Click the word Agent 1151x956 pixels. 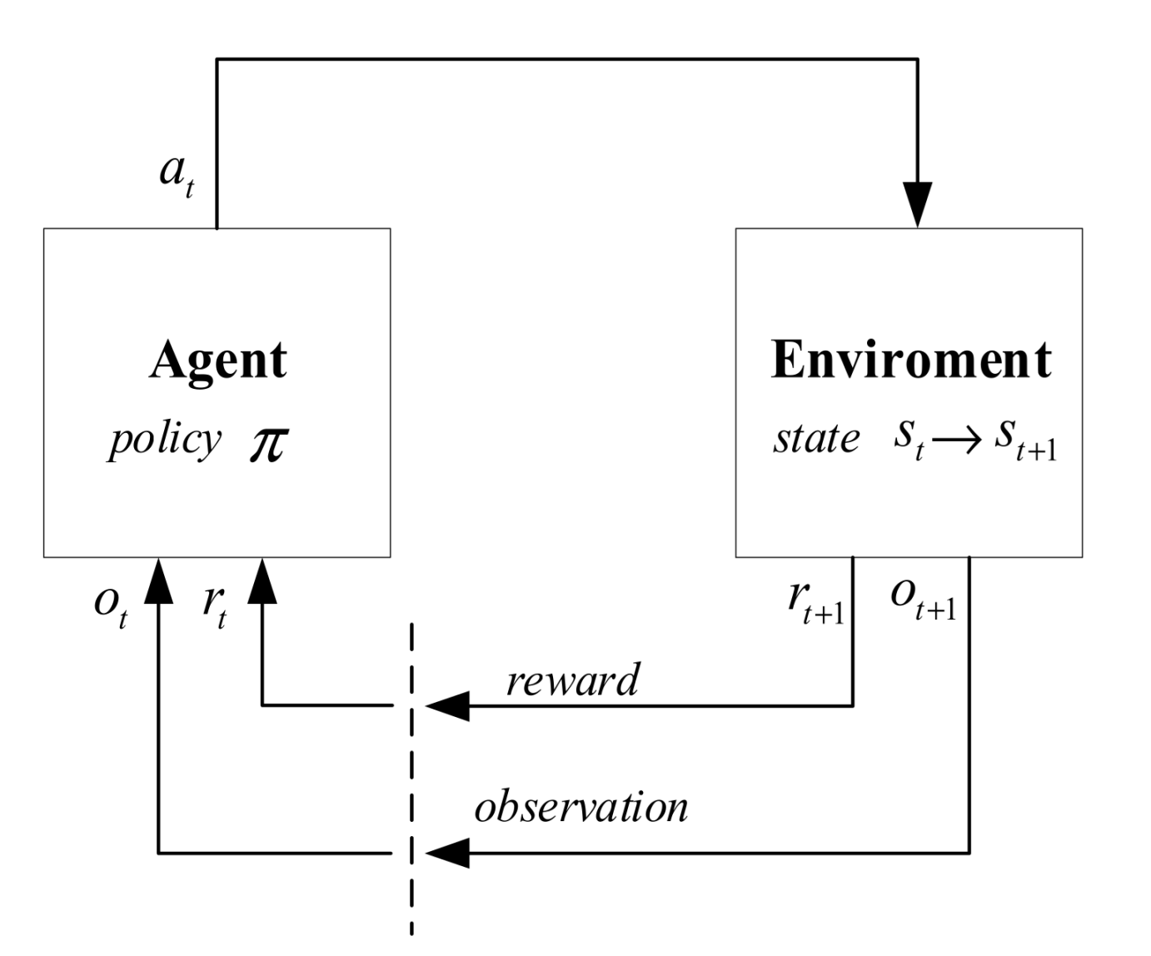click(x=218, y=361)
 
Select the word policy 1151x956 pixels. click(x=165, y=439)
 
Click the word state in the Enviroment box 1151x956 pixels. click(x=815, y=439)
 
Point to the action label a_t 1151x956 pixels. click(x=177, y=176)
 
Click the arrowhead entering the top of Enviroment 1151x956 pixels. click(x=917, y=205)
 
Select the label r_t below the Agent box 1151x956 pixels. click(x=214, y=604)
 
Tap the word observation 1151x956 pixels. click(x=581, y=807)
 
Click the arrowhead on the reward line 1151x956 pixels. click(x=448, y=706)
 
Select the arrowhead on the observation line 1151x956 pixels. click(x=448, y=853)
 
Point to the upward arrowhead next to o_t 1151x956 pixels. click(x=158, y=580)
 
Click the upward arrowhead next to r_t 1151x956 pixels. click(x=262, y=580)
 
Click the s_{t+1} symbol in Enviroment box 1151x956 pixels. click(x=1024, y=441)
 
